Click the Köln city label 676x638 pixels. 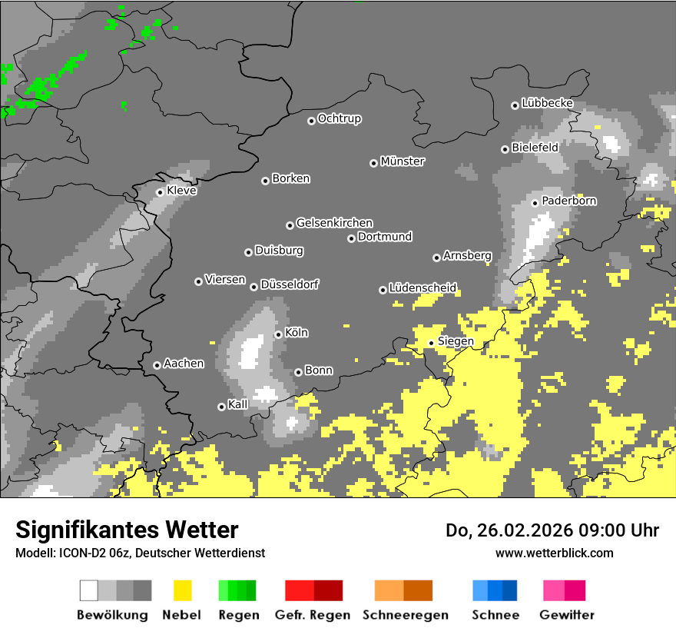pos(297,333)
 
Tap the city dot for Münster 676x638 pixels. pos(374,163)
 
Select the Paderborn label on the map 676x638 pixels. pos(569,201)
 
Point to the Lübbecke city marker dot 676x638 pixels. pos(515,105)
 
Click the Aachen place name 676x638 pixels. pos(184,364)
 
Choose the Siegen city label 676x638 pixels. pos(456,341)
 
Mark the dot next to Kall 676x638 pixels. pos(222,407)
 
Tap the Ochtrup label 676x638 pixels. pos(340,119)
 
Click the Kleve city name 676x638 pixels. pos(181,191)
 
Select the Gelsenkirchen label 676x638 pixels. pos(334,223)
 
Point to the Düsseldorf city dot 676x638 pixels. pos(254,287)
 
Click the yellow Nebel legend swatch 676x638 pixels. pos(183,590)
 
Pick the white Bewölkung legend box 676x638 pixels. pos(89,590)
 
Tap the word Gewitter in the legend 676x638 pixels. pos(567,615)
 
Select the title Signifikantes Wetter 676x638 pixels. pos(127,530)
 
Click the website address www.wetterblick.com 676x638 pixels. pos(555,553)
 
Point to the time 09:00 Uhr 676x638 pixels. pos(614,530)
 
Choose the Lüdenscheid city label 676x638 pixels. pos(422,288)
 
